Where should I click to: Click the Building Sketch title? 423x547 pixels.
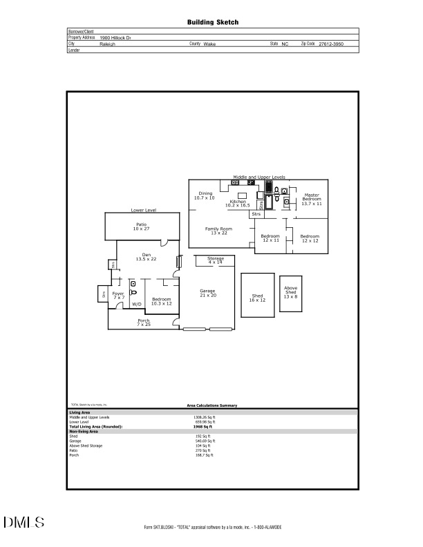click(x=213, y=22)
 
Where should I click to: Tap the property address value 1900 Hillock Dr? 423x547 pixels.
click(x=119, y=37)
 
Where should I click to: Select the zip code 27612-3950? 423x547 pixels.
click(x=330, y=44)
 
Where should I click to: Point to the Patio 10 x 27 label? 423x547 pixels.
click(x=141, y=226)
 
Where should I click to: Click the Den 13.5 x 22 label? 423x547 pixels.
click(x=146, y=256)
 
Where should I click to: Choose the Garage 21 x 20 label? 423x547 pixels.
click(x=208, y=293)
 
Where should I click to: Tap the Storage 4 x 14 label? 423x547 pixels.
click(x=216, y=260)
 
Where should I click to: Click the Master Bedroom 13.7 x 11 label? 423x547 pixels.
click(x=312, y=199)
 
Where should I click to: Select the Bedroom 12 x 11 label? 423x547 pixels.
click(x=270, y=238)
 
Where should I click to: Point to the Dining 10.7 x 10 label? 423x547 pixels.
click(x=205, y=195)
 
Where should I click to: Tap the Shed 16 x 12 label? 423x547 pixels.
click(x=257, y=298)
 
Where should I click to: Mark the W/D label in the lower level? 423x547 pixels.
click(x=137, y=304)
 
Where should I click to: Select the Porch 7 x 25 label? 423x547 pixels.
click(x=144, y=322)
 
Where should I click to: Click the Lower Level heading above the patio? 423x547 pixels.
click(x=144, y=210)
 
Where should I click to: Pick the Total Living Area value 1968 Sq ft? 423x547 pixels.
click(x=202, y=427)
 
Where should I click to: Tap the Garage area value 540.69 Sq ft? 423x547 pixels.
click(x=205, y=441)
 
